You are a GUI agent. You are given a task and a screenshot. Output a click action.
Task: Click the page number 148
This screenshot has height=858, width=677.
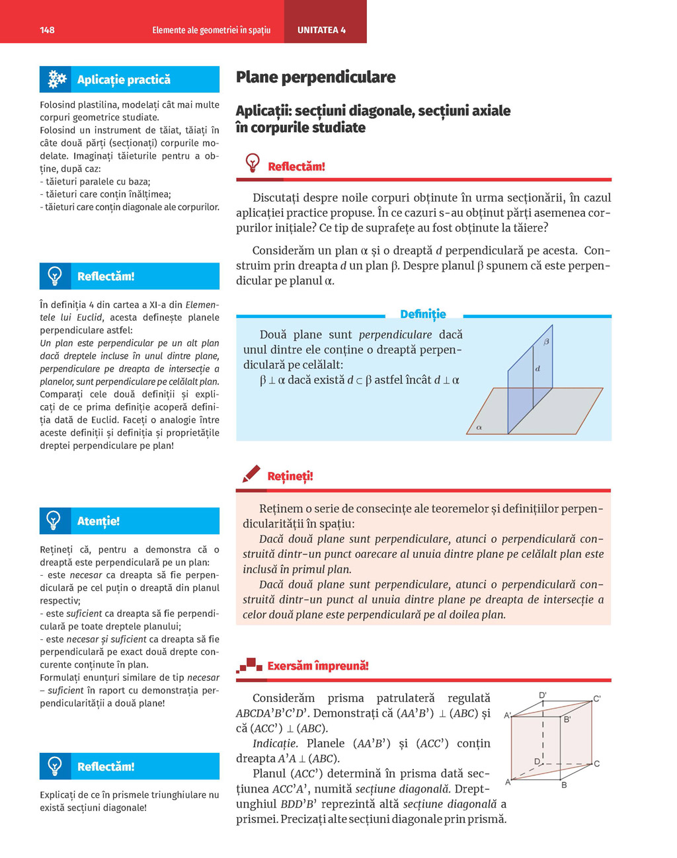click(x=47, y=30)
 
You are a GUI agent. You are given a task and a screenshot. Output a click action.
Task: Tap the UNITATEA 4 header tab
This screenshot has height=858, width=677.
click(x=321, y=30)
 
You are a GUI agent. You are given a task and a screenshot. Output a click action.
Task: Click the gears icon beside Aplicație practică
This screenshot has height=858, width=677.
click(x=57, y=79)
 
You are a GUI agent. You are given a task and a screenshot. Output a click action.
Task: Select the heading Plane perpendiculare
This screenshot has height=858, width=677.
click(x=315, y=77)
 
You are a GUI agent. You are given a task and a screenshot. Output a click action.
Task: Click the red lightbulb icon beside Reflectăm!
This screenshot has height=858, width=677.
click(x=252, y=163)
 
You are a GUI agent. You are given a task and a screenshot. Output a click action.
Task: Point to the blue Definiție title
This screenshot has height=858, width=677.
click(x=423, y=314)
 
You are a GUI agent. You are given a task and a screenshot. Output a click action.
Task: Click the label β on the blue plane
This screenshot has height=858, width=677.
click(x=546, y=342)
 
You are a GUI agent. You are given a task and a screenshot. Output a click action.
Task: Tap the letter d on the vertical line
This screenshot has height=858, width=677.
click(x=538, y=368)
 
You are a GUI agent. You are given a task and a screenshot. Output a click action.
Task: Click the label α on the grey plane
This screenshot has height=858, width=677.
click(x=479, y=427)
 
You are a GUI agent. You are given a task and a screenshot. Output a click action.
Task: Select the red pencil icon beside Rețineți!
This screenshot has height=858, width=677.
click(x=251, y=474)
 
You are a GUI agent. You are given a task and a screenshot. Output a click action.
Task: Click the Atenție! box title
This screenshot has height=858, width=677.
click(x=99, y=521)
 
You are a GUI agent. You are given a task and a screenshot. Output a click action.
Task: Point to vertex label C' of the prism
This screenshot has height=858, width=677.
click(x=596, y=699)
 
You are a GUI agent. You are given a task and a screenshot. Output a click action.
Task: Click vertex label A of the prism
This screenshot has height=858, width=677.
click(x=508, y=782)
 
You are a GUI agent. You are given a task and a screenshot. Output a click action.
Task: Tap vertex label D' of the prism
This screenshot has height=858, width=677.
click(x=543, y=695)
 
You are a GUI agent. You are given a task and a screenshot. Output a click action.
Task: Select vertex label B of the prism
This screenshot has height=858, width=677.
click(x=563, y=785)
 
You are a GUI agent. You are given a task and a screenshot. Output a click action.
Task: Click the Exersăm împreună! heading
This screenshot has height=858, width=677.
click(x=318, y=666)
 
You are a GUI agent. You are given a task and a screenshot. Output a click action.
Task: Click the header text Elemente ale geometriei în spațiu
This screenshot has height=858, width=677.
click(x=211, y=30)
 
